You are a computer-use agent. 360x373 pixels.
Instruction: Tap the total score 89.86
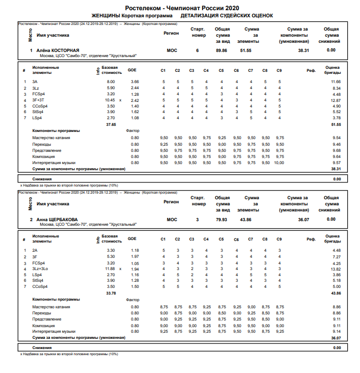221,50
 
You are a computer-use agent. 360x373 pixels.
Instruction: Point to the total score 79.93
221,220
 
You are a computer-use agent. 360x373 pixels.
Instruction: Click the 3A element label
35,82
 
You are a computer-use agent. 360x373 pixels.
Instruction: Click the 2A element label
35,250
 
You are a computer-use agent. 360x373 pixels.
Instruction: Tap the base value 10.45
109,100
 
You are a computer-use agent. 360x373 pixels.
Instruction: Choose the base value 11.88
109,269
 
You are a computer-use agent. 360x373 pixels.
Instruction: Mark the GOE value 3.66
134,82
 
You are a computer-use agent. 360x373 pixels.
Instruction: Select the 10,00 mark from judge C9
280,163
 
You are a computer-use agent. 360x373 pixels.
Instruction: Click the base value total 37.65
110,124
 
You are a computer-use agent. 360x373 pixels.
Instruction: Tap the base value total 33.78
110,293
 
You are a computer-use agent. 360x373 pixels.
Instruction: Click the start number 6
197,50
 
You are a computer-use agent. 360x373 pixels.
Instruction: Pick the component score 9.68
336,150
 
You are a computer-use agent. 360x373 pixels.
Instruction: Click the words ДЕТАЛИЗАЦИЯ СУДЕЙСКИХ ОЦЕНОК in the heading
223,16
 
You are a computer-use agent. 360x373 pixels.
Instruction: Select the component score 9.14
336,331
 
